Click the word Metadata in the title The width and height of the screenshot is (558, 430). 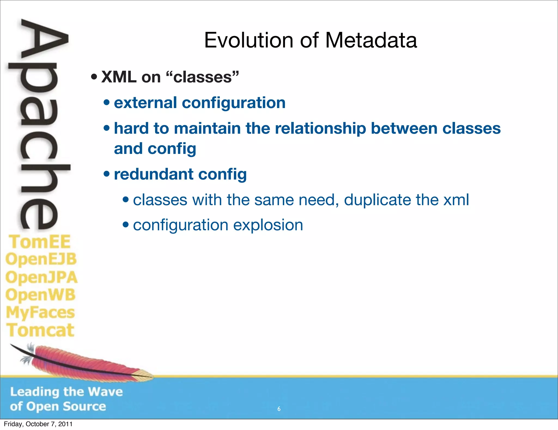[x=371, y=40]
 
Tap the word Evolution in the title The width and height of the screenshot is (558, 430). [x=248, y=40]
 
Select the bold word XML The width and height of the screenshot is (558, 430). [x=119, y=77]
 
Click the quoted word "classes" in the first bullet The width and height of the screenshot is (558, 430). [x=202, y=77]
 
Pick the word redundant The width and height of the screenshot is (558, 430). [x=153, y=174]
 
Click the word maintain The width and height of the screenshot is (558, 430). [x=207, y=129]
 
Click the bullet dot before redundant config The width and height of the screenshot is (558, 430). [x=107, y=174]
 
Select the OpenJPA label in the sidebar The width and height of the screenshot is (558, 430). [x=41, y=277]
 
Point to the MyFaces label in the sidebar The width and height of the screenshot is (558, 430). [x=40, y=313]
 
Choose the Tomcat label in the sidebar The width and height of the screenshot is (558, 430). [x=40, y=330]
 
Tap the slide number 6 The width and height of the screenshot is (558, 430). [x=279, y=409]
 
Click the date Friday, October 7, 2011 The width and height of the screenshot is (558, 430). [x=38, y=424]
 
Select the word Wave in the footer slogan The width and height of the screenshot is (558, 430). [x=105, y=392]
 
